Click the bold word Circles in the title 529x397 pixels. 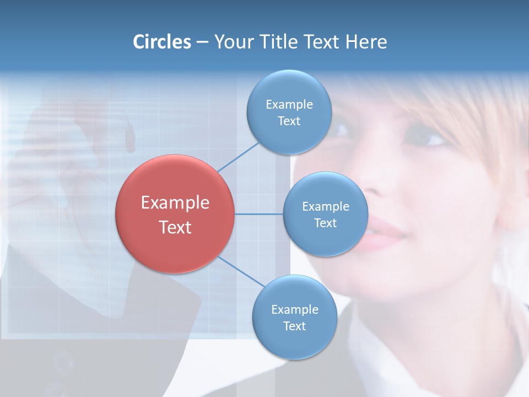(161, 42)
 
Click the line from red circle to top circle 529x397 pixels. (238, 156)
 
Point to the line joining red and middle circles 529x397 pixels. (259, 214)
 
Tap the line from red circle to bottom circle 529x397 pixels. (241, 271)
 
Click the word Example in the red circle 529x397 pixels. (175, 203)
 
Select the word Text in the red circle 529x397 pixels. (175, 227)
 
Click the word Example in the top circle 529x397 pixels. (289, 104)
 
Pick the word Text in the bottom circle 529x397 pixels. (294, 326)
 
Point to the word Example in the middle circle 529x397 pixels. (325, 206)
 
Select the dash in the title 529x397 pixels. (202, 42)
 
